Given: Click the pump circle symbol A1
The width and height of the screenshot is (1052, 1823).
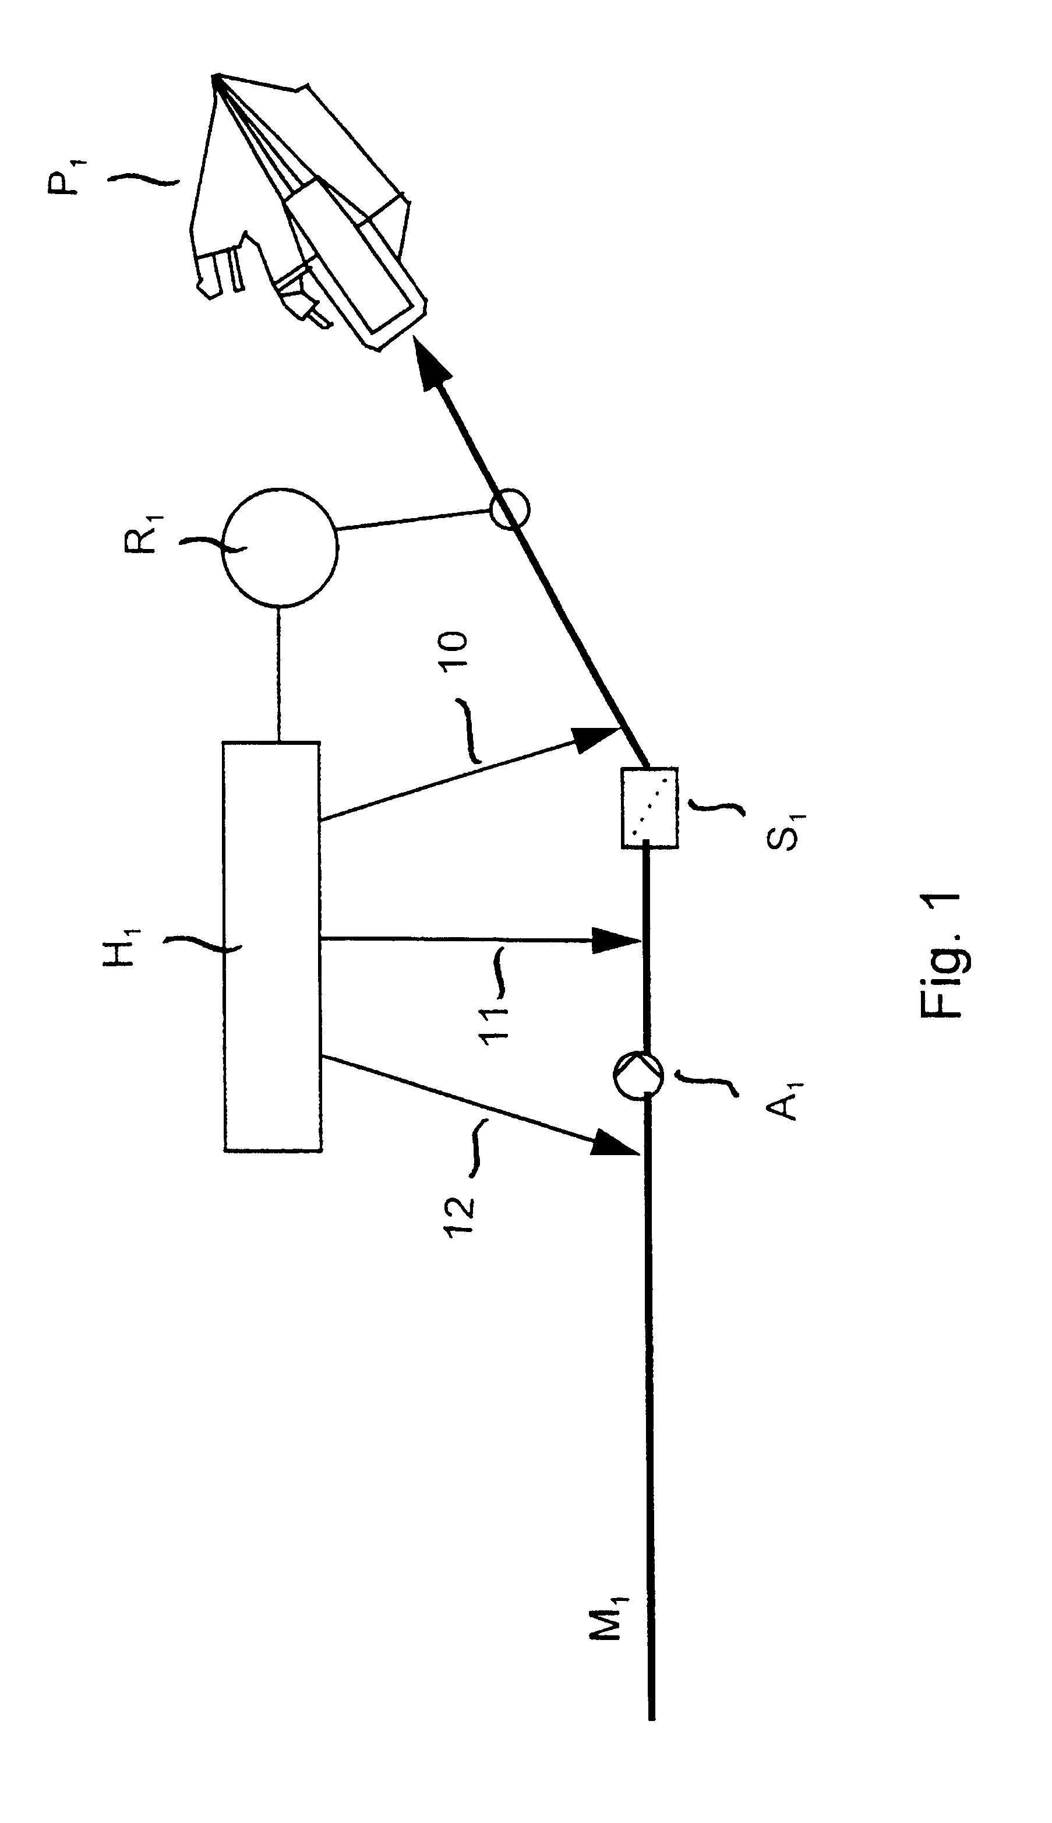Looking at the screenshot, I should tap(638, 1076).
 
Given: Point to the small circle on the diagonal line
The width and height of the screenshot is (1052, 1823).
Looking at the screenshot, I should tap(509, 511).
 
